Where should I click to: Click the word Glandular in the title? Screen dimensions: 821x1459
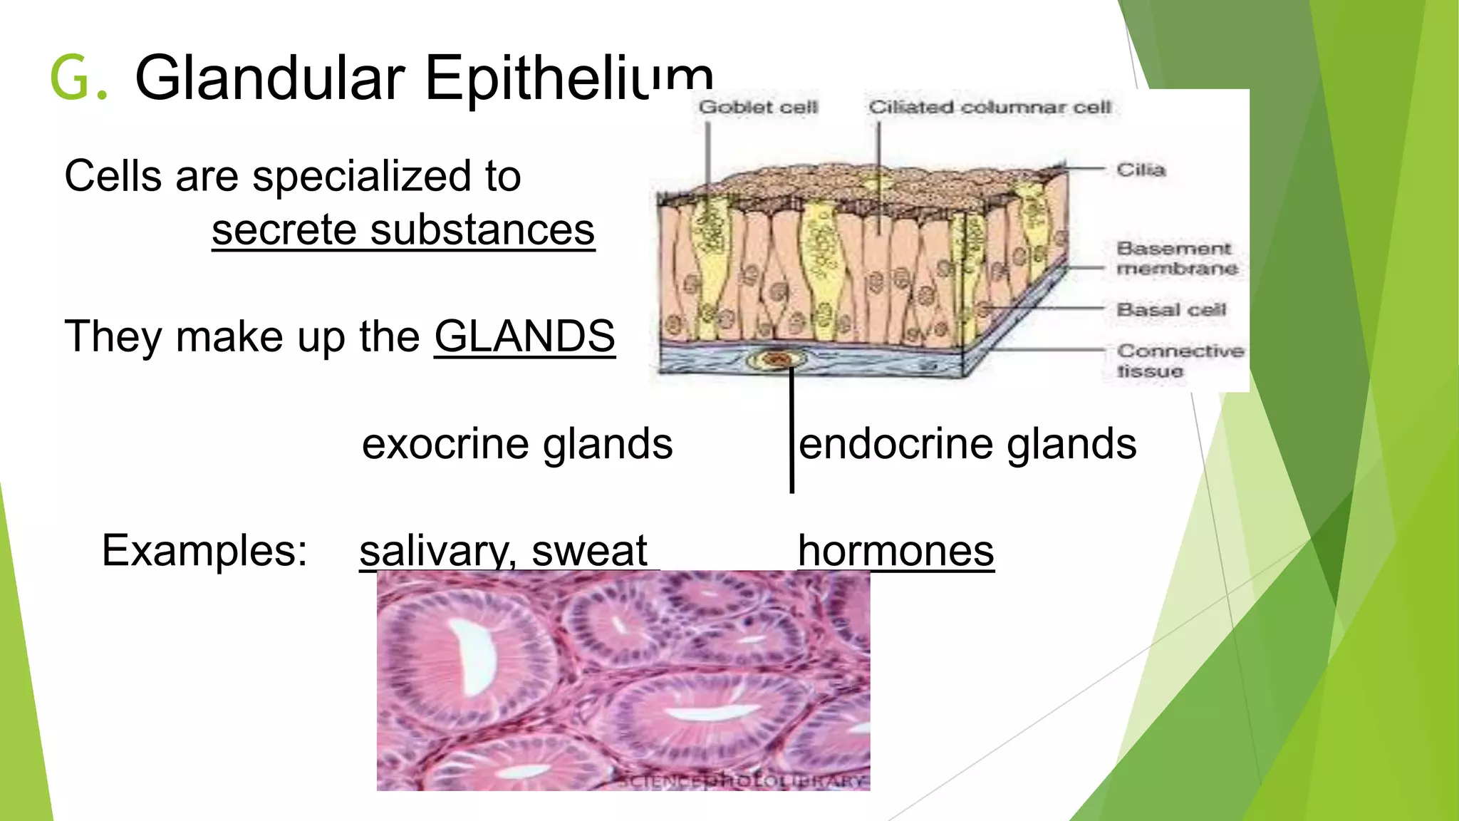[x=269, y=78]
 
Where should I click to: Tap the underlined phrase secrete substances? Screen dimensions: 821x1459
[x=403, y=230]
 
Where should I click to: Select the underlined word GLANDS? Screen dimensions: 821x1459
[x=524, y=336]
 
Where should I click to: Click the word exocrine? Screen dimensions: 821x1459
[x=445, y=444]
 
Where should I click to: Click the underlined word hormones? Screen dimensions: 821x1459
[x=895, y=551]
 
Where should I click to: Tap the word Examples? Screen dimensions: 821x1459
[x=204, y=551]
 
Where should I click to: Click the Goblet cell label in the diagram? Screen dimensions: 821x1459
[x=758, y=108]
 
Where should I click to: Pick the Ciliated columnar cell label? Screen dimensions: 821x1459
[x=990, y=108]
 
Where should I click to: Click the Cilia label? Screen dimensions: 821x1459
[x=1141, y=170]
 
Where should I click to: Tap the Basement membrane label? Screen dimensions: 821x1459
[x=1175, y=258]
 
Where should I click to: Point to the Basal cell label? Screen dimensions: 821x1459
[x=1171, y=310]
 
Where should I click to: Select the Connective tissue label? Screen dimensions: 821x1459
[x=1180, y=361]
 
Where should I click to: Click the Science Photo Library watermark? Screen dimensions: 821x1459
[x=741, y=781]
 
